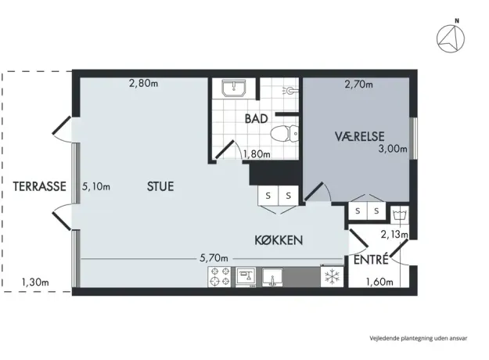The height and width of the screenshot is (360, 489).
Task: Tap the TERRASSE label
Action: point(39,186)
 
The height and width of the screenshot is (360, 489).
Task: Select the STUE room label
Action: point(160,186)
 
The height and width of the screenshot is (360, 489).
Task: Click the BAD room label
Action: point(256,118)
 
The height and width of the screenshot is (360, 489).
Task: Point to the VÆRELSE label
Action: point(360,136)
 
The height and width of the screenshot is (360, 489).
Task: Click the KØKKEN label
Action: point(279,240)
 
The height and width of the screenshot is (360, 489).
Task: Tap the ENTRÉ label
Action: point(371,259)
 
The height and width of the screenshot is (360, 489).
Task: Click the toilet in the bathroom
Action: point(285,134)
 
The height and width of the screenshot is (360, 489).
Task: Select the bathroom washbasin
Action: point(234,88)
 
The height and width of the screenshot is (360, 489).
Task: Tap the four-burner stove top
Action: point(220,277)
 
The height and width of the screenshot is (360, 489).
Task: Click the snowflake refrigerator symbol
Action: point(332,276)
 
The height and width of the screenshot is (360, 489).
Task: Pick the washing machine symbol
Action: point(400,215)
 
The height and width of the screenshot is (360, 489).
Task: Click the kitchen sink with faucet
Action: point(272,277)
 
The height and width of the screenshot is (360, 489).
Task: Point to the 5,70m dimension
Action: point(214,258)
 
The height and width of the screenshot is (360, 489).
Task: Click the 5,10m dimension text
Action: point(96,186)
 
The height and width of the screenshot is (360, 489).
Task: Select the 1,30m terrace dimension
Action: point(35,283)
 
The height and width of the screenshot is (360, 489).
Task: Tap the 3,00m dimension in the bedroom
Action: point(393,149)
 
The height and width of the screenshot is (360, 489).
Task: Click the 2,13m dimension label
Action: point(394,234)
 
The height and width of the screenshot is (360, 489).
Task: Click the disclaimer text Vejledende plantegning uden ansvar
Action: point(419,338)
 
